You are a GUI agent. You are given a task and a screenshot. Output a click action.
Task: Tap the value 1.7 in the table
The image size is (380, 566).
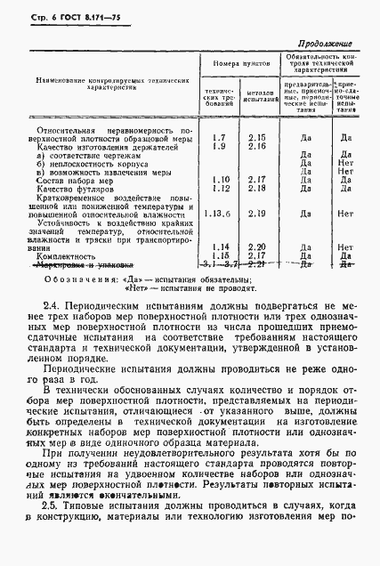tap(220, 137)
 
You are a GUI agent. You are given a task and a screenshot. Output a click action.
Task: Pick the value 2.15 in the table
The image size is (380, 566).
tap(257, 137)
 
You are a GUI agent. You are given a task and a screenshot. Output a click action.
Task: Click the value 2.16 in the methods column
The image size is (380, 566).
tap(257, 146)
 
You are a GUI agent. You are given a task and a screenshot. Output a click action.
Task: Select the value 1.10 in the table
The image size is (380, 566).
tap(222, 180)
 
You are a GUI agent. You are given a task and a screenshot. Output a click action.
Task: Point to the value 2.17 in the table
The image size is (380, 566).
tap(257, 180)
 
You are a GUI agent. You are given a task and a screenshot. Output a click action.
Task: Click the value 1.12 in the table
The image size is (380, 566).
tap(222, 188)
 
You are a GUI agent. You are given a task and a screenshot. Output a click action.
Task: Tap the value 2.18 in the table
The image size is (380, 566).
tap(257, 188)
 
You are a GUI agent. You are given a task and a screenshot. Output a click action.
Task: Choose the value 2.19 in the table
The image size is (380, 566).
tap(257, 214)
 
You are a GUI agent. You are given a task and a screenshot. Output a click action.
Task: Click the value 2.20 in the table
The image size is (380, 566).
tap(257, 247)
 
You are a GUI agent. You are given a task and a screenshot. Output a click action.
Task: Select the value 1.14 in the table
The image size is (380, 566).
tap(222, 247)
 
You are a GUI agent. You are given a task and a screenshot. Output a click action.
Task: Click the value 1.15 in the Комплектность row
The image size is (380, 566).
tap(222, 255)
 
